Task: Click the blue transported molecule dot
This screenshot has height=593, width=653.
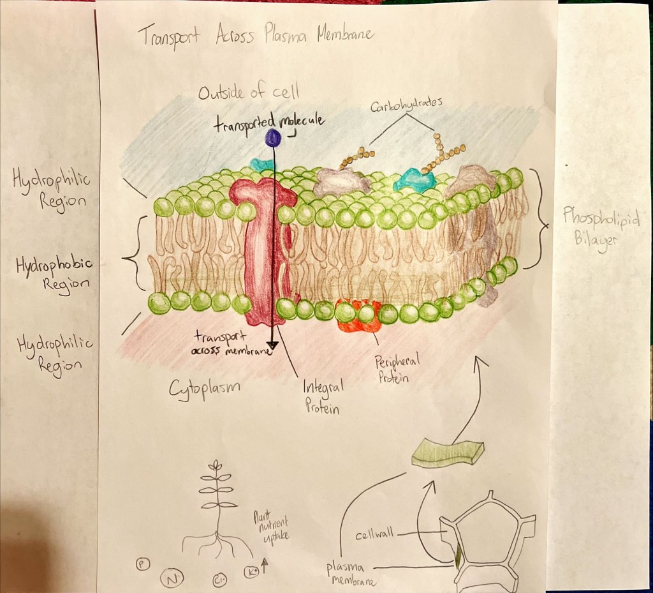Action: coord(274,137)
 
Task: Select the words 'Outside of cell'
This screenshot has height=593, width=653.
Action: coord(248,93)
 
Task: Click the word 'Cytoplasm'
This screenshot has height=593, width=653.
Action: coord(200,388)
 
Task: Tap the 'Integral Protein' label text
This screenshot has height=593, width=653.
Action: coord(323,395)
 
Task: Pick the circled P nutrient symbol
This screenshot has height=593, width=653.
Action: coord(142,564)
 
